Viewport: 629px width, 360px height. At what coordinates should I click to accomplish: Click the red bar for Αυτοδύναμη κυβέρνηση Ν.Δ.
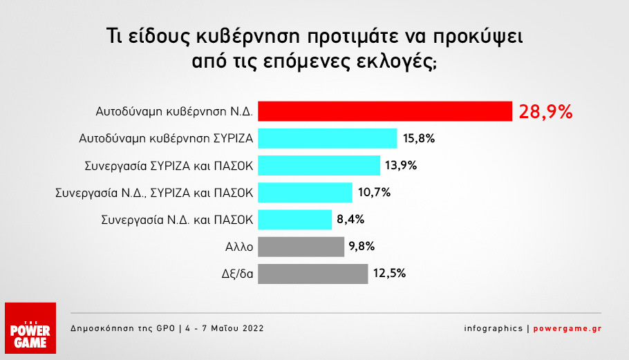[384, 111]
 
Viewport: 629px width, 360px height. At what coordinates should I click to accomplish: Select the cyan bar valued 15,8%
[328, 138]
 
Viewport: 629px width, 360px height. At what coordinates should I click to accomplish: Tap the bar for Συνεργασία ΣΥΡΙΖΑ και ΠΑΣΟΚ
[319, 165]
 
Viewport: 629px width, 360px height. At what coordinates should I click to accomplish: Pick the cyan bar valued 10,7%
[305, 192]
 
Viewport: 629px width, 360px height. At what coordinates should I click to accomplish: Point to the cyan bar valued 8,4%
[295, 219]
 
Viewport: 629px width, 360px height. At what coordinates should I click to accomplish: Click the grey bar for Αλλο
[301, 246]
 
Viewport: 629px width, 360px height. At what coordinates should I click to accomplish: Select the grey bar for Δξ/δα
[312, 273]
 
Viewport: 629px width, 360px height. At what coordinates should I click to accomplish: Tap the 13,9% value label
[402, 166]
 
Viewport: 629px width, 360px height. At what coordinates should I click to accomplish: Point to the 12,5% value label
[389, 273]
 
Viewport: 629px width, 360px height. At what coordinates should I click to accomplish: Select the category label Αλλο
[239, 246]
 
